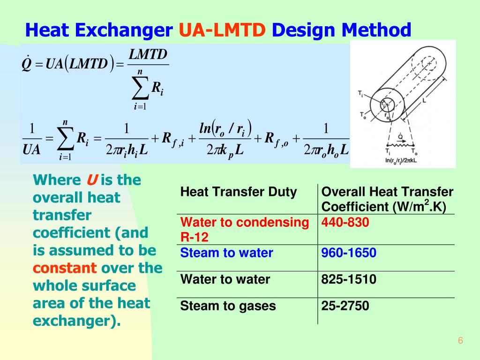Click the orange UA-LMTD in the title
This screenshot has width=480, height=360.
[223, 30]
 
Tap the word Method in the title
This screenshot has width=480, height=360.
[376, 30]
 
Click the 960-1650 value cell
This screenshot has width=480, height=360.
[349, 253]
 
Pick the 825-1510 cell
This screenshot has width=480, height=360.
[349, 280]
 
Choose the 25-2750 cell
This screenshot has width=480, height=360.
[345, 306]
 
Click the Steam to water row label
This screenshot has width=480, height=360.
[227, 253]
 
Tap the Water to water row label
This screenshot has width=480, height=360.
[225, 280]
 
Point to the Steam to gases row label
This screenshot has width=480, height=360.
[228, 306]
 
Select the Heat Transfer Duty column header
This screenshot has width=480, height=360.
[239, 192]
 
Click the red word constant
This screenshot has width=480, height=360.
[65, 268]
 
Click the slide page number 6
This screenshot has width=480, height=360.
[460, 341]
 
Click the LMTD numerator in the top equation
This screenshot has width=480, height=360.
[148, 55]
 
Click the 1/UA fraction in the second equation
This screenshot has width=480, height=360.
[32, 139]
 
